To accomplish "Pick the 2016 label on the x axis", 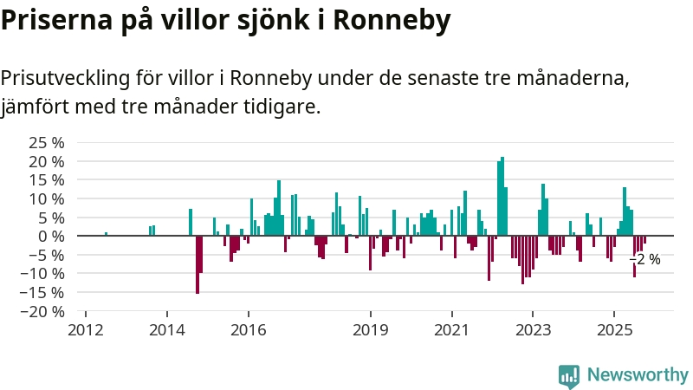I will click(249, 330).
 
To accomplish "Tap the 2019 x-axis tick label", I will click(371, 330).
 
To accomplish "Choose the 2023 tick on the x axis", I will click(533, 330).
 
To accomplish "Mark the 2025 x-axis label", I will click(614, 330).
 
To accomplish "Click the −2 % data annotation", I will click(644, 259).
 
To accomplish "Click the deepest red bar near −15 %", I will click(198, 264).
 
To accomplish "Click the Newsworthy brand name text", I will click(638, 375).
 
